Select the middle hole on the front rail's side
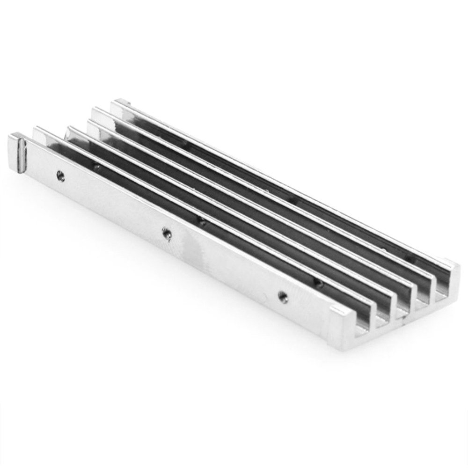coord(166,232)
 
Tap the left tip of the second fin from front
coord(40,132)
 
